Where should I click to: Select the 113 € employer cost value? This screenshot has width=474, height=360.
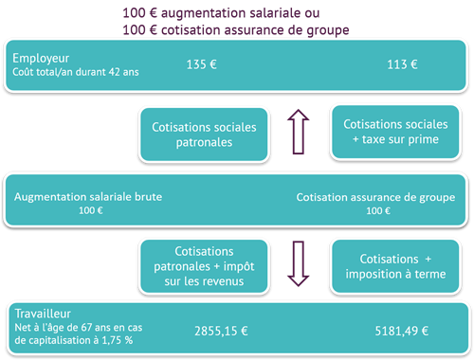(x=403, y=64)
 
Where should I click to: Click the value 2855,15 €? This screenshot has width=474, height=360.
(x=222, y=332)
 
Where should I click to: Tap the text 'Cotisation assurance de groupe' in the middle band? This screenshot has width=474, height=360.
(x=375, y=197)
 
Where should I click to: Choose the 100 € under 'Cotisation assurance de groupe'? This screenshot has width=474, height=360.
(x=376, y=210)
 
